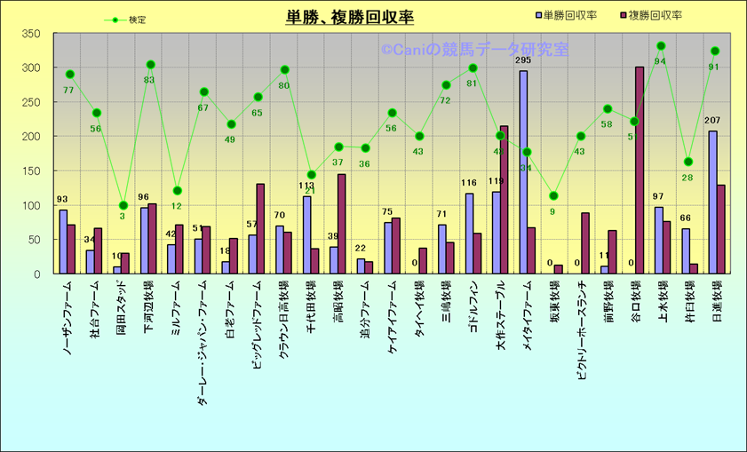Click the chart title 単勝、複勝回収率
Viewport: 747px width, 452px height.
[x=349, y=18]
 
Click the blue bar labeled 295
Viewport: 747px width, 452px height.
[x=523, y=172]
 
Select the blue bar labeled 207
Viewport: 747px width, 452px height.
[x=712, y=202]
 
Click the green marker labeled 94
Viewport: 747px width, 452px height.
[x=661, y=46]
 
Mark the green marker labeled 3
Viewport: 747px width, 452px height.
[x=123, y=205]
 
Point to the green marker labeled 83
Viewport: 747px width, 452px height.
[x=151, y=65]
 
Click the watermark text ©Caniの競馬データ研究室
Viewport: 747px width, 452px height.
[x=475, y=51]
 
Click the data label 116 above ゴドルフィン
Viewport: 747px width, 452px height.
[x=469, y=184]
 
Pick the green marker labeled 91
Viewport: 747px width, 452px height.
[x=715, y=52]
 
